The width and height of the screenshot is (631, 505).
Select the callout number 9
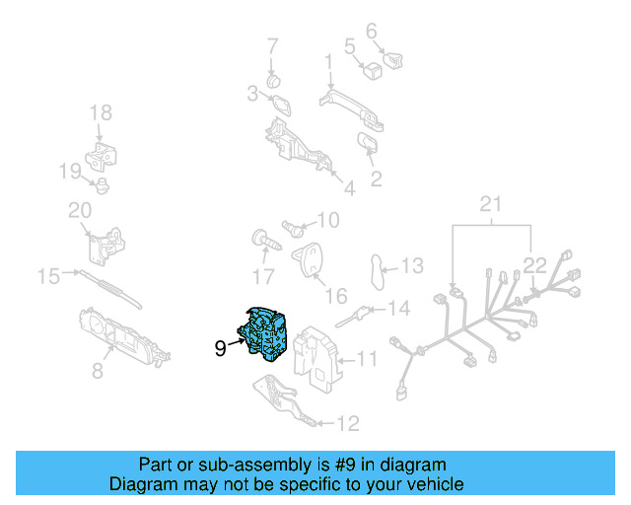(220, 347)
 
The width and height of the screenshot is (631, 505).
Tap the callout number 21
(490, 204)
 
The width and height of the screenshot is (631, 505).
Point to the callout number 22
(533, 264)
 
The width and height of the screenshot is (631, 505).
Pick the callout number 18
(102, 113)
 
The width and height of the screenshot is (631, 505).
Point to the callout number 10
(327, 219)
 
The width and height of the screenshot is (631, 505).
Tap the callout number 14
(397, 309)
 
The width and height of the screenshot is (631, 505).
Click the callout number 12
(347, 424)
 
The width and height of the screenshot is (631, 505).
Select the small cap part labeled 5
(374, 69)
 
